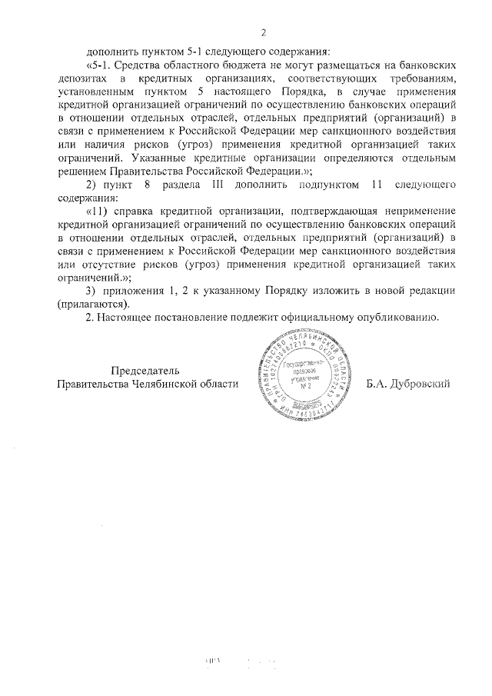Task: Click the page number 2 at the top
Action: tap(263, 32)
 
